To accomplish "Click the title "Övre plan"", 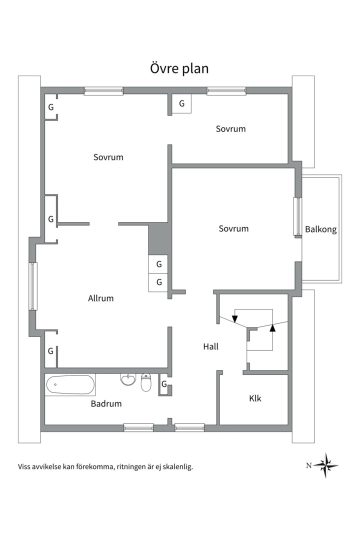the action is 179,68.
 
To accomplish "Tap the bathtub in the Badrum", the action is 70,384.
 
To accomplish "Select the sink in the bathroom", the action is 128,379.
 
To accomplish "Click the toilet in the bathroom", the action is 146,382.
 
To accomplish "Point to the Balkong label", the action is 320,229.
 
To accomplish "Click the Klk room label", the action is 255,398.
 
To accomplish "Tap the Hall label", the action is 211,346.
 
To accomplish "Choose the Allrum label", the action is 100,298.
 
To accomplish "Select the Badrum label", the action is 106,403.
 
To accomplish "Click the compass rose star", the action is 325,465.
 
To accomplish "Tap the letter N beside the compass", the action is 308,465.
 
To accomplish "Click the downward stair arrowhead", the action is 235,319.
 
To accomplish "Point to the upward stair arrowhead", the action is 272,327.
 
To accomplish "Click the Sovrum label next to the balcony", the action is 233,228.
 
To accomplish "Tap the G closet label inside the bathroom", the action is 164,384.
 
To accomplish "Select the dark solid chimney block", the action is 160,239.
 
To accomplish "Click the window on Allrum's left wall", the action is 32,286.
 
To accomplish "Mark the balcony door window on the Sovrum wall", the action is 297,216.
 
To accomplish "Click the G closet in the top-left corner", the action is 50,107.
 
